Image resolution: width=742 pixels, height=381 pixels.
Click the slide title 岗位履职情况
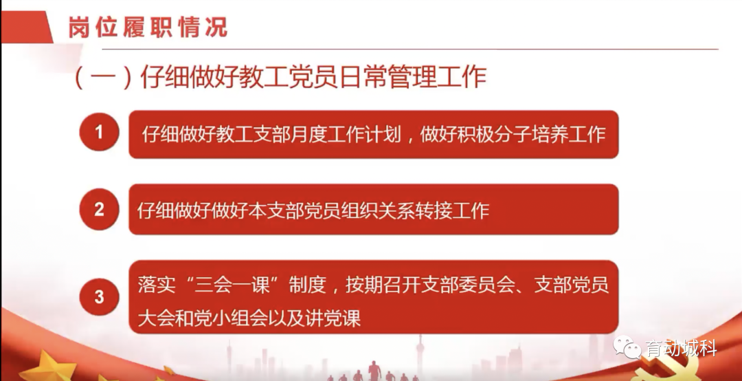coord(148,27)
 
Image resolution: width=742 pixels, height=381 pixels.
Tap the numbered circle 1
coord(99,132)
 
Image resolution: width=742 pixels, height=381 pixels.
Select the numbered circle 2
coord(99,210)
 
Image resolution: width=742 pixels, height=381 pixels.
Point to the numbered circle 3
coord(99,297)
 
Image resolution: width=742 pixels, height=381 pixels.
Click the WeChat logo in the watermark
coord(627,347)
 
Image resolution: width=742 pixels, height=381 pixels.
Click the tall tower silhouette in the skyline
coord(419,356)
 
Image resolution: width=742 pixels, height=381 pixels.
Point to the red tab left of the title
coord(27,27)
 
